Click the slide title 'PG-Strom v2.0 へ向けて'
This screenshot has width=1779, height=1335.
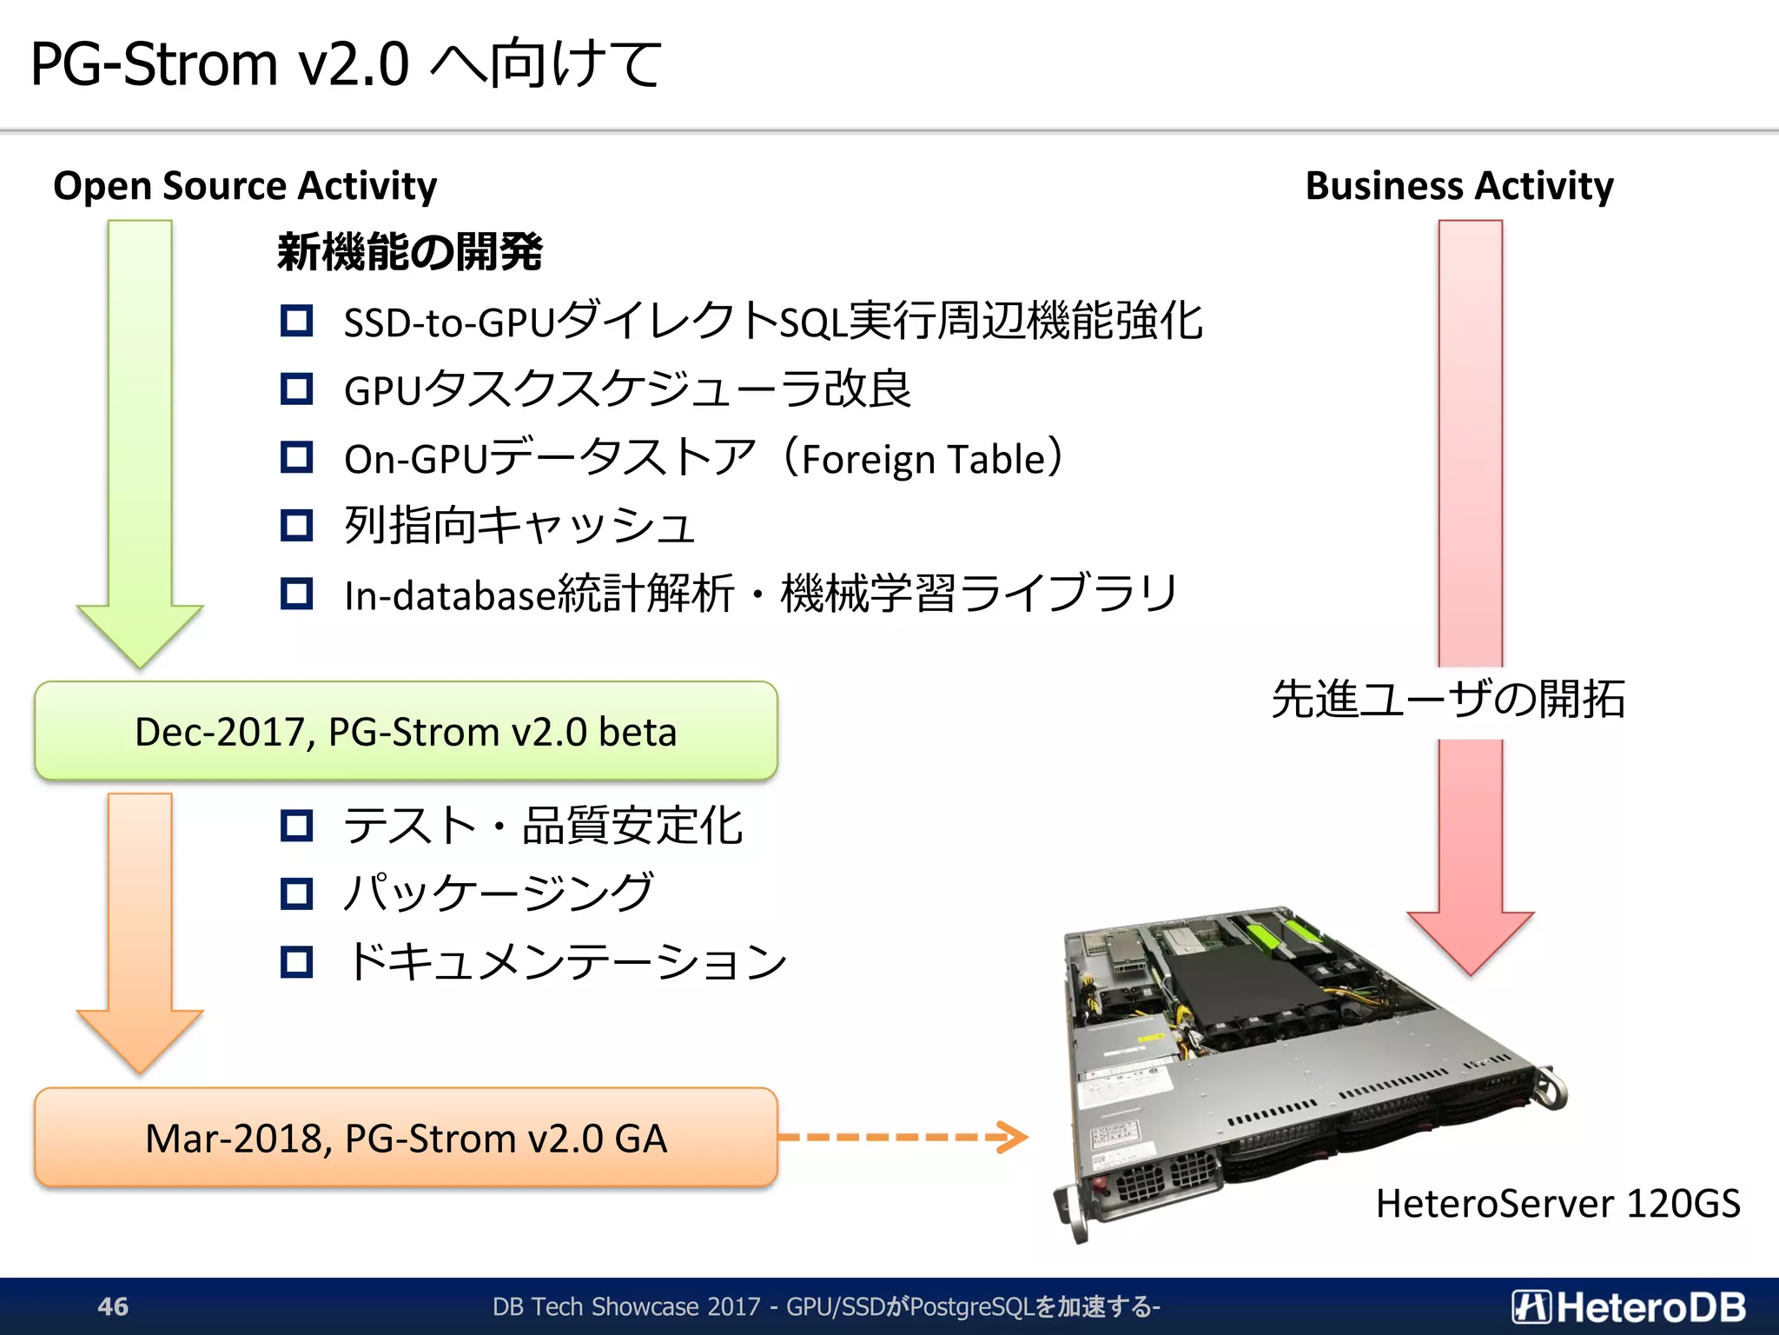click(x=346, y=64)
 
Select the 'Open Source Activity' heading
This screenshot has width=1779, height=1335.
click(x=245, y=186)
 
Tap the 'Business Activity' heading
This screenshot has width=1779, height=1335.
click(x=1459, y=186)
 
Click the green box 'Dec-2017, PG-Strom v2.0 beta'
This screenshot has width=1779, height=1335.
click(x=406, y=732)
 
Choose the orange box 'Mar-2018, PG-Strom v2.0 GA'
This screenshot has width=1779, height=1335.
click(x=406, y=1139)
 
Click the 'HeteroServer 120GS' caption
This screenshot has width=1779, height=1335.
click(x=1557, y=1204)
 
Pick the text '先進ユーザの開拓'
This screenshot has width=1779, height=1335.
click(x=1448, y=700)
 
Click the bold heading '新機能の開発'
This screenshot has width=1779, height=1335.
click(x=410, y=253)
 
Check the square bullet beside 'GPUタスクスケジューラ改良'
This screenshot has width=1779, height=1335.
click(x=297, y=389)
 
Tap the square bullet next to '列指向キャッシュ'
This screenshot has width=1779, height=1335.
click(x=297, y=526)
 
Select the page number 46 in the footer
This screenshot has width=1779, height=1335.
click(x=113, y=1306)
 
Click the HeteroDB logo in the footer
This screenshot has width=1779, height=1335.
click(x=1628, y=1307)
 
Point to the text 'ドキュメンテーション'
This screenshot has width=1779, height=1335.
click(x=566, y=961)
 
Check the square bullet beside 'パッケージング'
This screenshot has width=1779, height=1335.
click(x=297, y=893)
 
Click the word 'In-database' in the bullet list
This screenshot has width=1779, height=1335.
click(x=449, y=596)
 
